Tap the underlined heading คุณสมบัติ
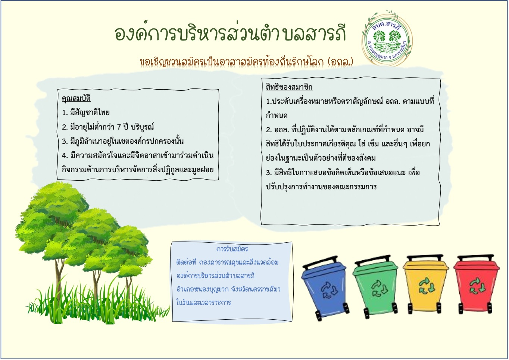[76, 99]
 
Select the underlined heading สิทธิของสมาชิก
[289, 87]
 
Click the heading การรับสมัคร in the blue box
[232, 249]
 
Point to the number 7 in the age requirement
[119, 127]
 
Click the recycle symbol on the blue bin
[329, 290]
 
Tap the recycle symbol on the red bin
[477, 286]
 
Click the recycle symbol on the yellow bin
[427, 286]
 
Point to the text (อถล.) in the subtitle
[341, 61]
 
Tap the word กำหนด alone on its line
[277, 115]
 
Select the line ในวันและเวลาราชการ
[204, 303]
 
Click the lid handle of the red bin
[476, 258]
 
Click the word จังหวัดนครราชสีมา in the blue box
[256, 289]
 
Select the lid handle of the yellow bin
[425, 258]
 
